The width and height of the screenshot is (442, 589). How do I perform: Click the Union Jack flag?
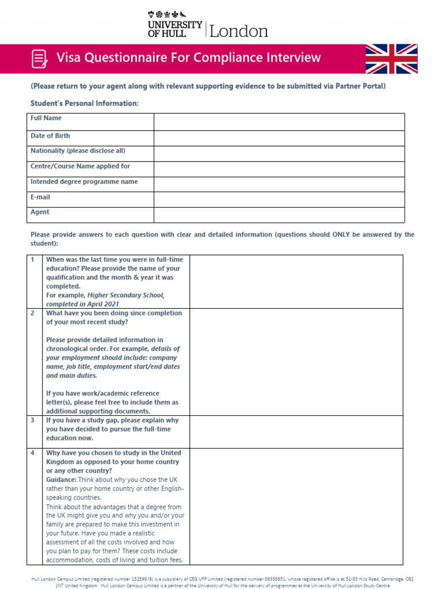point(393,59)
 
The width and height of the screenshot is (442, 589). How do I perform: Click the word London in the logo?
point(239,31)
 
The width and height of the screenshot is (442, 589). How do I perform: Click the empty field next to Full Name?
point(279,121)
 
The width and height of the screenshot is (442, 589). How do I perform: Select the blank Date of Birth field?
point(279,137)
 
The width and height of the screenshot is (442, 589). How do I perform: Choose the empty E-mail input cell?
point(279,199)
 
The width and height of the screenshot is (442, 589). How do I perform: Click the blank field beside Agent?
point(279,215)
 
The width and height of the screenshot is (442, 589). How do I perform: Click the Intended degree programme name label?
point(84,182)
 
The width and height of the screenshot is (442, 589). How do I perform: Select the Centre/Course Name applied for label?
point(80,166)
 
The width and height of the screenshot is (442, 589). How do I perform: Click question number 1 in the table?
point(33,260)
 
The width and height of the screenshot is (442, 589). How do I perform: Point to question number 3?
point(33,420)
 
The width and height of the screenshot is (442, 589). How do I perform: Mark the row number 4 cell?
point(33,453)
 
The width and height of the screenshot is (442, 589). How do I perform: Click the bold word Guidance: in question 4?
point(61,480)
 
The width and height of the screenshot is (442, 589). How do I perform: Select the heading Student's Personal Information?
point(85,104)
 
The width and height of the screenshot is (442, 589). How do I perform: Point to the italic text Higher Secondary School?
point(125,295)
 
